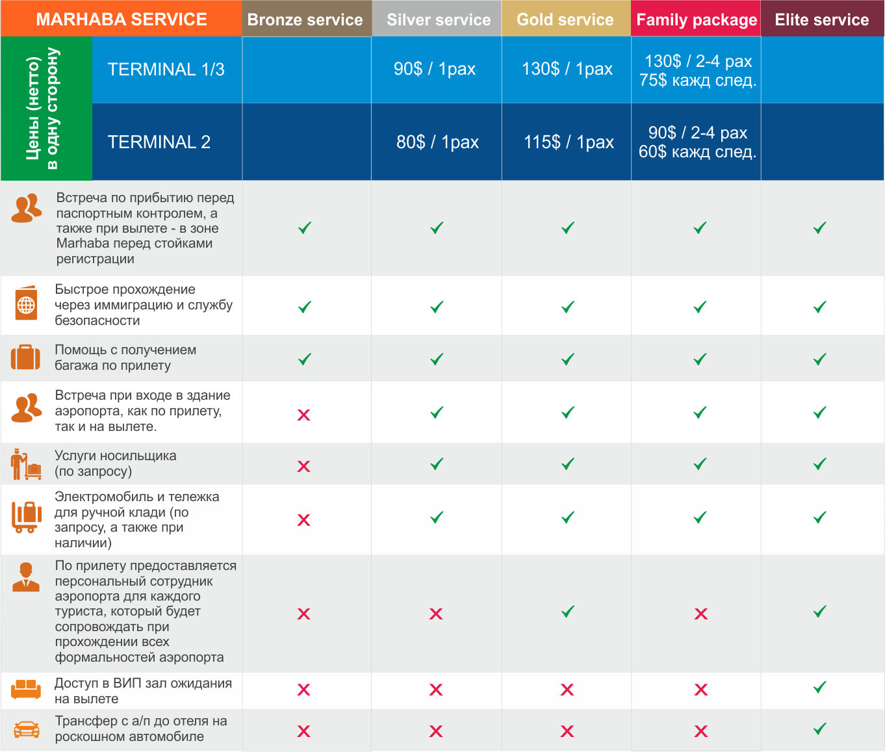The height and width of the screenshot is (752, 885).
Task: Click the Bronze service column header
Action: (305, 19)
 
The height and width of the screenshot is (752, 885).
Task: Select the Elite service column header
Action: (822, 19)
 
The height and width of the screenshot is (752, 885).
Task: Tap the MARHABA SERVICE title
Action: (122, 19)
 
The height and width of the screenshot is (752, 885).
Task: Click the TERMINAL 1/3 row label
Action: (166, 70)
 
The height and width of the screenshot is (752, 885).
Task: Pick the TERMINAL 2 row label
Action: (159, 142)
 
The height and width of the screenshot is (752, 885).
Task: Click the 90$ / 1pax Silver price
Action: (435, 69)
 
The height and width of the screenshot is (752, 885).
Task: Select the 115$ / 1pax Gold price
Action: (569, 142)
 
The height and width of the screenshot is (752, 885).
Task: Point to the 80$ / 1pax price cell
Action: (437, 142)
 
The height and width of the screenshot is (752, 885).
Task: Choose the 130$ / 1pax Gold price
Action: (567, 69)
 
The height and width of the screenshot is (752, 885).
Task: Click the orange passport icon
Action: (26, 304)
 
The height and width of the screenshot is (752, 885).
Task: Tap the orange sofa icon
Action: (26, 689)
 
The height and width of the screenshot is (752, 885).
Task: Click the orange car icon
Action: (26, 729)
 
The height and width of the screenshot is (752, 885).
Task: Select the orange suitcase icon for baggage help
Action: (26, 357)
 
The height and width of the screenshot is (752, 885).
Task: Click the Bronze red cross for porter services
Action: (303, 466)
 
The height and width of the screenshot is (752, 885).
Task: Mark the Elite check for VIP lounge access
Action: (820, 688)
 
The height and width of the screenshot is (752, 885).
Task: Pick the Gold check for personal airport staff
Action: (568, 612)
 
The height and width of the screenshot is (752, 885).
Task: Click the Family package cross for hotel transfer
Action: (700, 731)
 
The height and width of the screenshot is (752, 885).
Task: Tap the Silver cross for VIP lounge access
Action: (436, 690)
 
